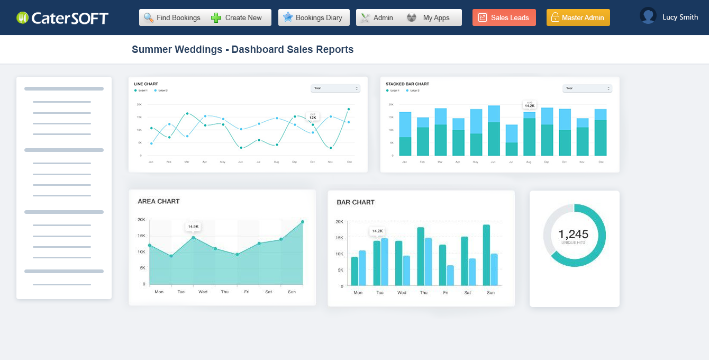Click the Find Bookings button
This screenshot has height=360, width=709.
[x=172, y=17]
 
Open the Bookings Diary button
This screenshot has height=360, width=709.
[x=313, y=17]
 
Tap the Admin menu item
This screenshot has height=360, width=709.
[x=377, y=17]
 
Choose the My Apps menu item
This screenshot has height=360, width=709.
[x=429, y=17]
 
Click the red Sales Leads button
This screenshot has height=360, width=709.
[x=504, y=17]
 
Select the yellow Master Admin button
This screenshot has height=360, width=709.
[x=578, y=17]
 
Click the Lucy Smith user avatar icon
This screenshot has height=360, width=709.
[x=648, y=16]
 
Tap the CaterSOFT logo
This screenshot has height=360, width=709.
[x=62, y=18]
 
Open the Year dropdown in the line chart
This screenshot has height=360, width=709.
[x=335, y=88]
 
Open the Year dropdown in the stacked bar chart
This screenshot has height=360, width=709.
[x=587, y=88]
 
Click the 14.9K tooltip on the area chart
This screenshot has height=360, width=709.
[x=193, y=227]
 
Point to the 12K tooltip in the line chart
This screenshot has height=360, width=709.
[x=313, y=117]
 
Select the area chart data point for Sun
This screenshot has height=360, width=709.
[x=303, y=222]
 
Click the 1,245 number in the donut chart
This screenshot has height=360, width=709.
[x=574, y=234]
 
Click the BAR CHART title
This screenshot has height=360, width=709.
[x=356, y=202]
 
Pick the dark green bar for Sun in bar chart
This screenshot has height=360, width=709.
[x=486, y=255]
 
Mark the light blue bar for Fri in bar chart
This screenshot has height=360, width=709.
[x=450, y=275]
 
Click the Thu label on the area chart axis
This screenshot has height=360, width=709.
[x=225, y=292]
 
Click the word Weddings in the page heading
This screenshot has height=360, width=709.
[x=200, y=50]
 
